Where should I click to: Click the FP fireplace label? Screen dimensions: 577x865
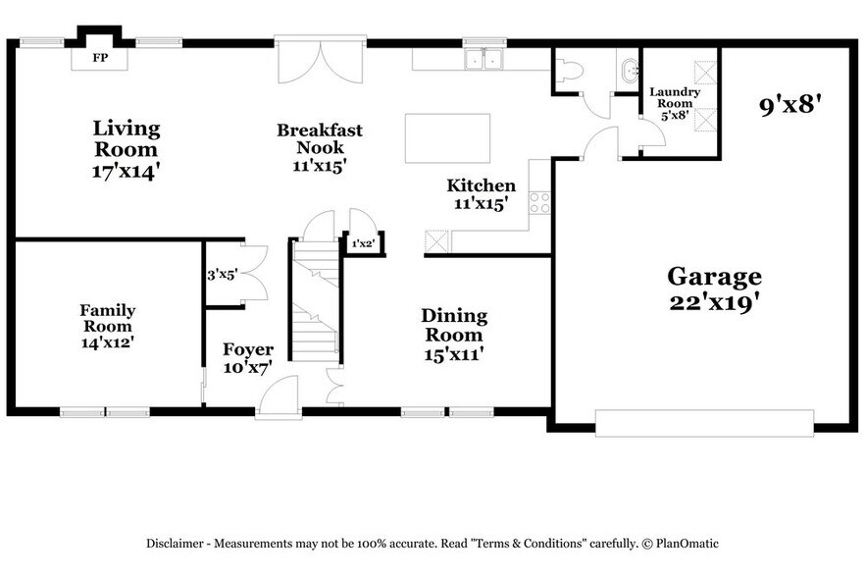pos(99,58)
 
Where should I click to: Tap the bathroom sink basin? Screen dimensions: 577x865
pos(628,70)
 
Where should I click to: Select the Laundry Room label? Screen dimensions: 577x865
pos(675,103)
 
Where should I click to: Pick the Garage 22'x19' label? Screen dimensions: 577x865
pos(714,289)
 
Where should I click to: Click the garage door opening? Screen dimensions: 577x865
pos(704,423)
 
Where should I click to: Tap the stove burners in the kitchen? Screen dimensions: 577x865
pos(539,202)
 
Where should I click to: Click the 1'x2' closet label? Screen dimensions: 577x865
pos(362,242)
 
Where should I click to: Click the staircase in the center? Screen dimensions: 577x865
pos(317,304)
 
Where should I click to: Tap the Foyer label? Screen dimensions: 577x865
pos(247,358)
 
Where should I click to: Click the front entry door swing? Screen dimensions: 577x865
pos(278,398)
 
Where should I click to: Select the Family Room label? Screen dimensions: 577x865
pos(108,326)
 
